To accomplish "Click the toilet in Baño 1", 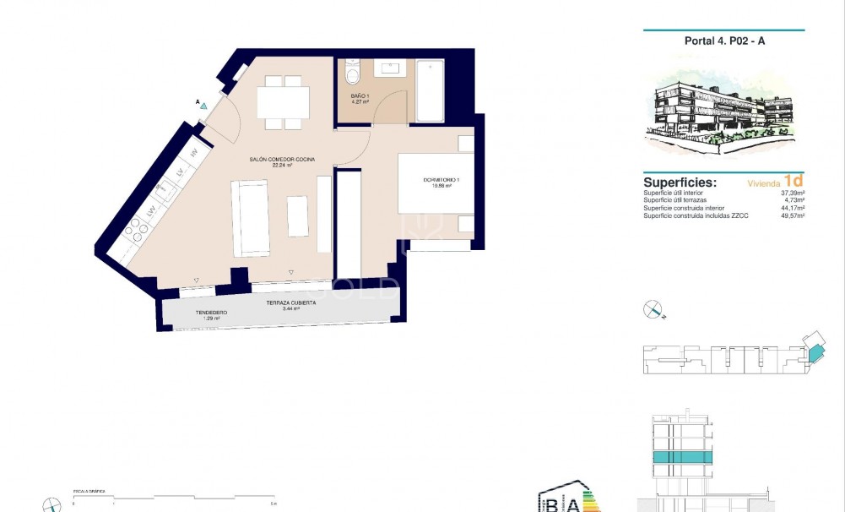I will [x=354, y=73].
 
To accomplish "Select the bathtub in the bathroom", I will [x=430, y=90].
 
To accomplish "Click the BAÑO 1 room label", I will [x=360, y=99].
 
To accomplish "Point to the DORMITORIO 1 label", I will [x=441, y=182].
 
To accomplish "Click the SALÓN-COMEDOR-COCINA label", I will [x=283, y=161].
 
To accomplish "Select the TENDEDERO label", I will [x=211, y=313].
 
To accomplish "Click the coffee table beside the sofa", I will [x=298, y=216].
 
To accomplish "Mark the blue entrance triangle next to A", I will [x=203, y=107].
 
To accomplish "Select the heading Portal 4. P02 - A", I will [x=723, y=41].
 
